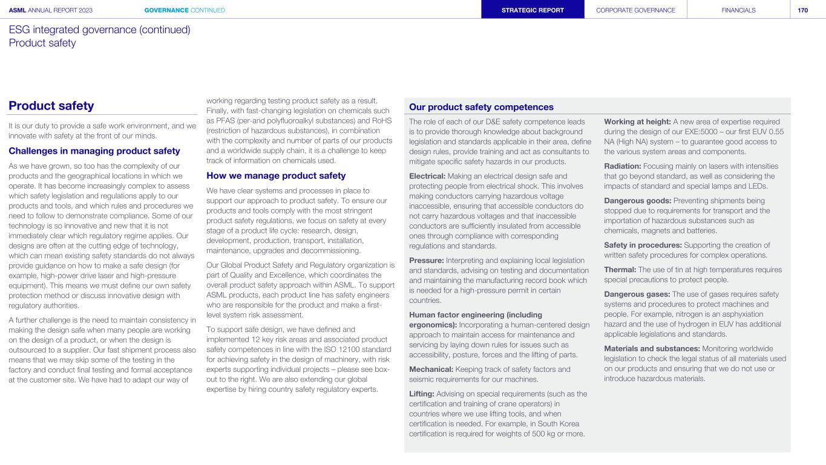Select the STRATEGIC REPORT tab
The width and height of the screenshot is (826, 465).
(533, 10)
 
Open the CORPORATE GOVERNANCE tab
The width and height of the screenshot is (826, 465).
(635, 10)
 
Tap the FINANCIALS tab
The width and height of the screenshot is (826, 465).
(738, 10)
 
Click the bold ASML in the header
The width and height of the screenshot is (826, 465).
(18, 10)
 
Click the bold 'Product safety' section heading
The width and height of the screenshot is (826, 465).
(51, 106)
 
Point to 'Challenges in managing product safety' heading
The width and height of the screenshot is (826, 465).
(94, 151)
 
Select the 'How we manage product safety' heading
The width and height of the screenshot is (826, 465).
(276, 176)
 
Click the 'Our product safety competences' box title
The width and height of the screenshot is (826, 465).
(482, 107)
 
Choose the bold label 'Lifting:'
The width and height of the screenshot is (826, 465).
(422, 394)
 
